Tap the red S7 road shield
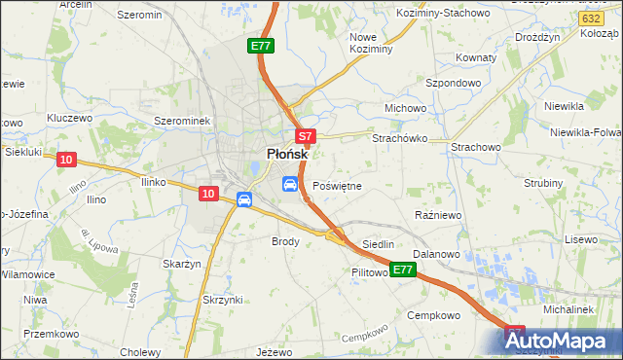[305, 137]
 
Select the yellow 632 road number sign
[588, 18]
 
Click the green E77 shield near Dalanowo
[404, 269]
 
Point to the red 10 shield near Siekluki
[66, 160]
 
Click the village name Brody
[285, 240]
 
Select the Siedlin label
[378, 243]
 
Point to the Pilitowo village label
[371, 273]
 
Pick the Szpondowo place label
[454, 84]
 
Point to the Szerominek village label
[183, 120]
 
